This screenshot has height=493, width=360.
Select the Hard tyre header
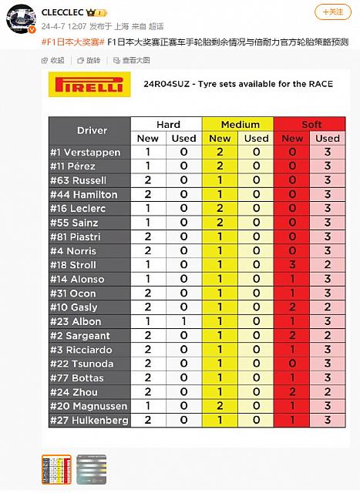pyautogui.click(x=167, y=124)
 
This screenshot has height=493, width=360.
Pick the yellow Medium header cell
pyautogui.click(x=239, y=124)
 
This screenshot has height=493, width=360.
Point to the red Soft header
pyautogui.click(x=311, y=124)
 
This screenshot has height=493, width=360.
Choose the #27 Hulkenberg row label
pyautogui.click(x=88, y=420)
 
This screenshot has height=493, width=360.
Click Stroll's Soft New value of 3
pyautogui.click(x=292, y=265)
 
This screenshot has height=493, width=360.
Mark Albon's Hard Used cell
pyautogui.click(x=184, y=321)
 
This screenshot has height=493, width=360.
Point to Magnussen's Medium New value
pyautogui.click(x=220, y=406)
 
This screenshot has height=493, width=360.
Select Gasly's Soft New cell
pyautogui.click(x=292, y=307)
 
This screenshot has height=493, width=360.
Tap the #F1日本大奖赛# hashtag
pyautogui.click(x=71, y=41)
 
